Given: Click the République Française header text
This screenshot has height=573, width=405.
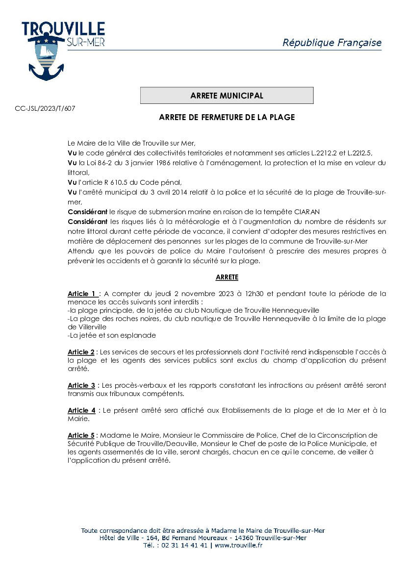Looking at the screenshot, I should [x=331, y=43].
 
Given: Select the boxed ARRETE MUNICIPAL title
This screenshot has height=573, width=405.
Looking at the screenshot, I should [x=227, y=96].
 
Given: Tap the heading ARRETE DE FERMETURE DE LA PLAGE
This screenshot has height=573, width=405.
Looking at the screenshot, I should [x=227, y=118].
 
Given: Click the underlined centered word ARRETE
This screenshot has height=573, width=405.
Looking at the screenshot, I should [x=227, y=277].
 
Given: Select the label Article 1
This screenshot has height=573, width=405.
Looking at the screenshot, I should [x=82, y=294].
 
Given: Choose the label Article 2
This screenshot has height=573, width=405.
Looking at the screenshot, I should [x=81, y=352].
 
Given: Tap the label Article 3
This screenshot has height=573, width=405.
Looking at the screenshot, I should [x=81, y=385].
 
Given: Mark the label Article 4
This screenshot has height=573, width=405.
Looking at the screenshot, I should [x=81, y=410].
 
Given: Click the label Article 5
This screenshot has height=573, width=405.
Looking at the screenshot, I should [x=81, y=435].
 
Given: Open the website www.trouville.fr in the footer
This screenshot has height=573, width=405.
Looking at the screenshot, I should [x=238, y=545].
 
